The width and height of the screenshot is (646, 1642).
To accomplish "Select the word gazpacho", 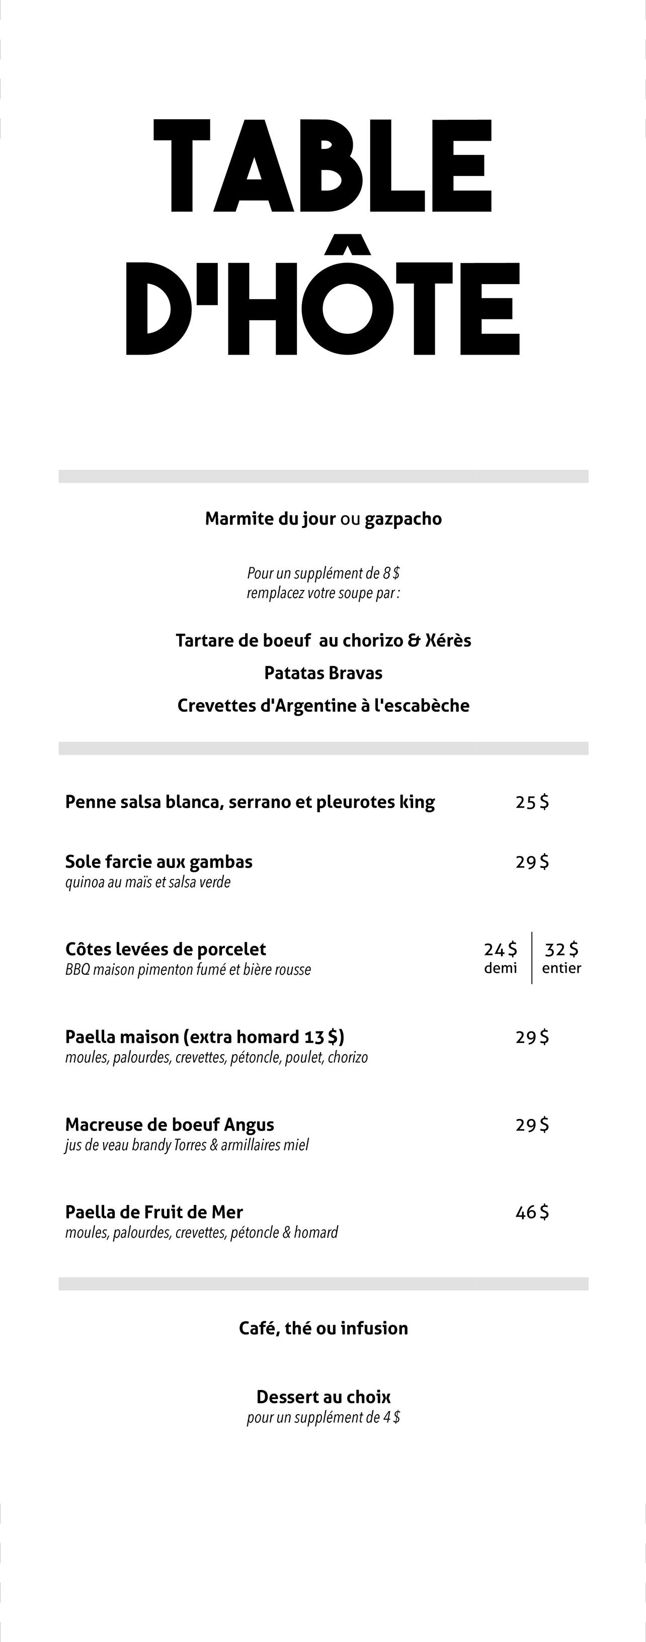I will coord(403,519).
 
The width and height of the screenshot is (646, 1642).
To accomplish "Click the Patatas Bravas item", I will coord(324,673).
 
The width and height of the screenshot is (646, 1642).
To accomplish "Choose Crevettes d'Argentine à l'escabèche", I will coord(324,706).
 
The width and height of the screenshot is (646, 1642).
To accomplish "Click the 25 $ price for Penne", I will coord(532,802).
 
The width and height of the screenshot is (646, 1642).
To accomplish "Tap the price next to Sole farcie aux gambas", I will coord(532,862).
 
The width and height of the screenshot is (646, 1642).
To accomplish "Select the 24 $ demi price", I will coord(501,950).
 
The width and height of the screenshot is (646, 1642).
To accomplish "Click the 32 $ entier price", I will coord(562,950).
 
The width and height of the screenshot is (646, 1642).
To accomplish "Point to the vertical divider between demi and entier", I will coord(532,958).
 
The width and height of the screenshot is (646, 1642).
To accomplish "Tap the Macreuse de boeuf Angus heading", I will coord(170,1125).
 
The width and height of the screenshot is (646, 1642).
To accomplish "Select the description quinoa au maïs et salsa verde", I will coord(148,882).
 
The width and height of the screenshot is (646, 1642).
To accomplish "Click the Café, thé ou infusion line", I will coord(324,1328).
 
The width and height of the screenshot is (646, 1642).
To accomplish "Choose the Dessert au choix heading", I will coord(324,1397).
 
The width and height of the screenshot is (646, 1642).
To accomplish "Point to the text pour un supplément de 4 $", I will coord(324,1418).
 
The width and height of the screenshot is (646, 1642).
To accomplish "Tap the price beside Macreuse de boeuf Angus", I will coord(532,1125).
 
